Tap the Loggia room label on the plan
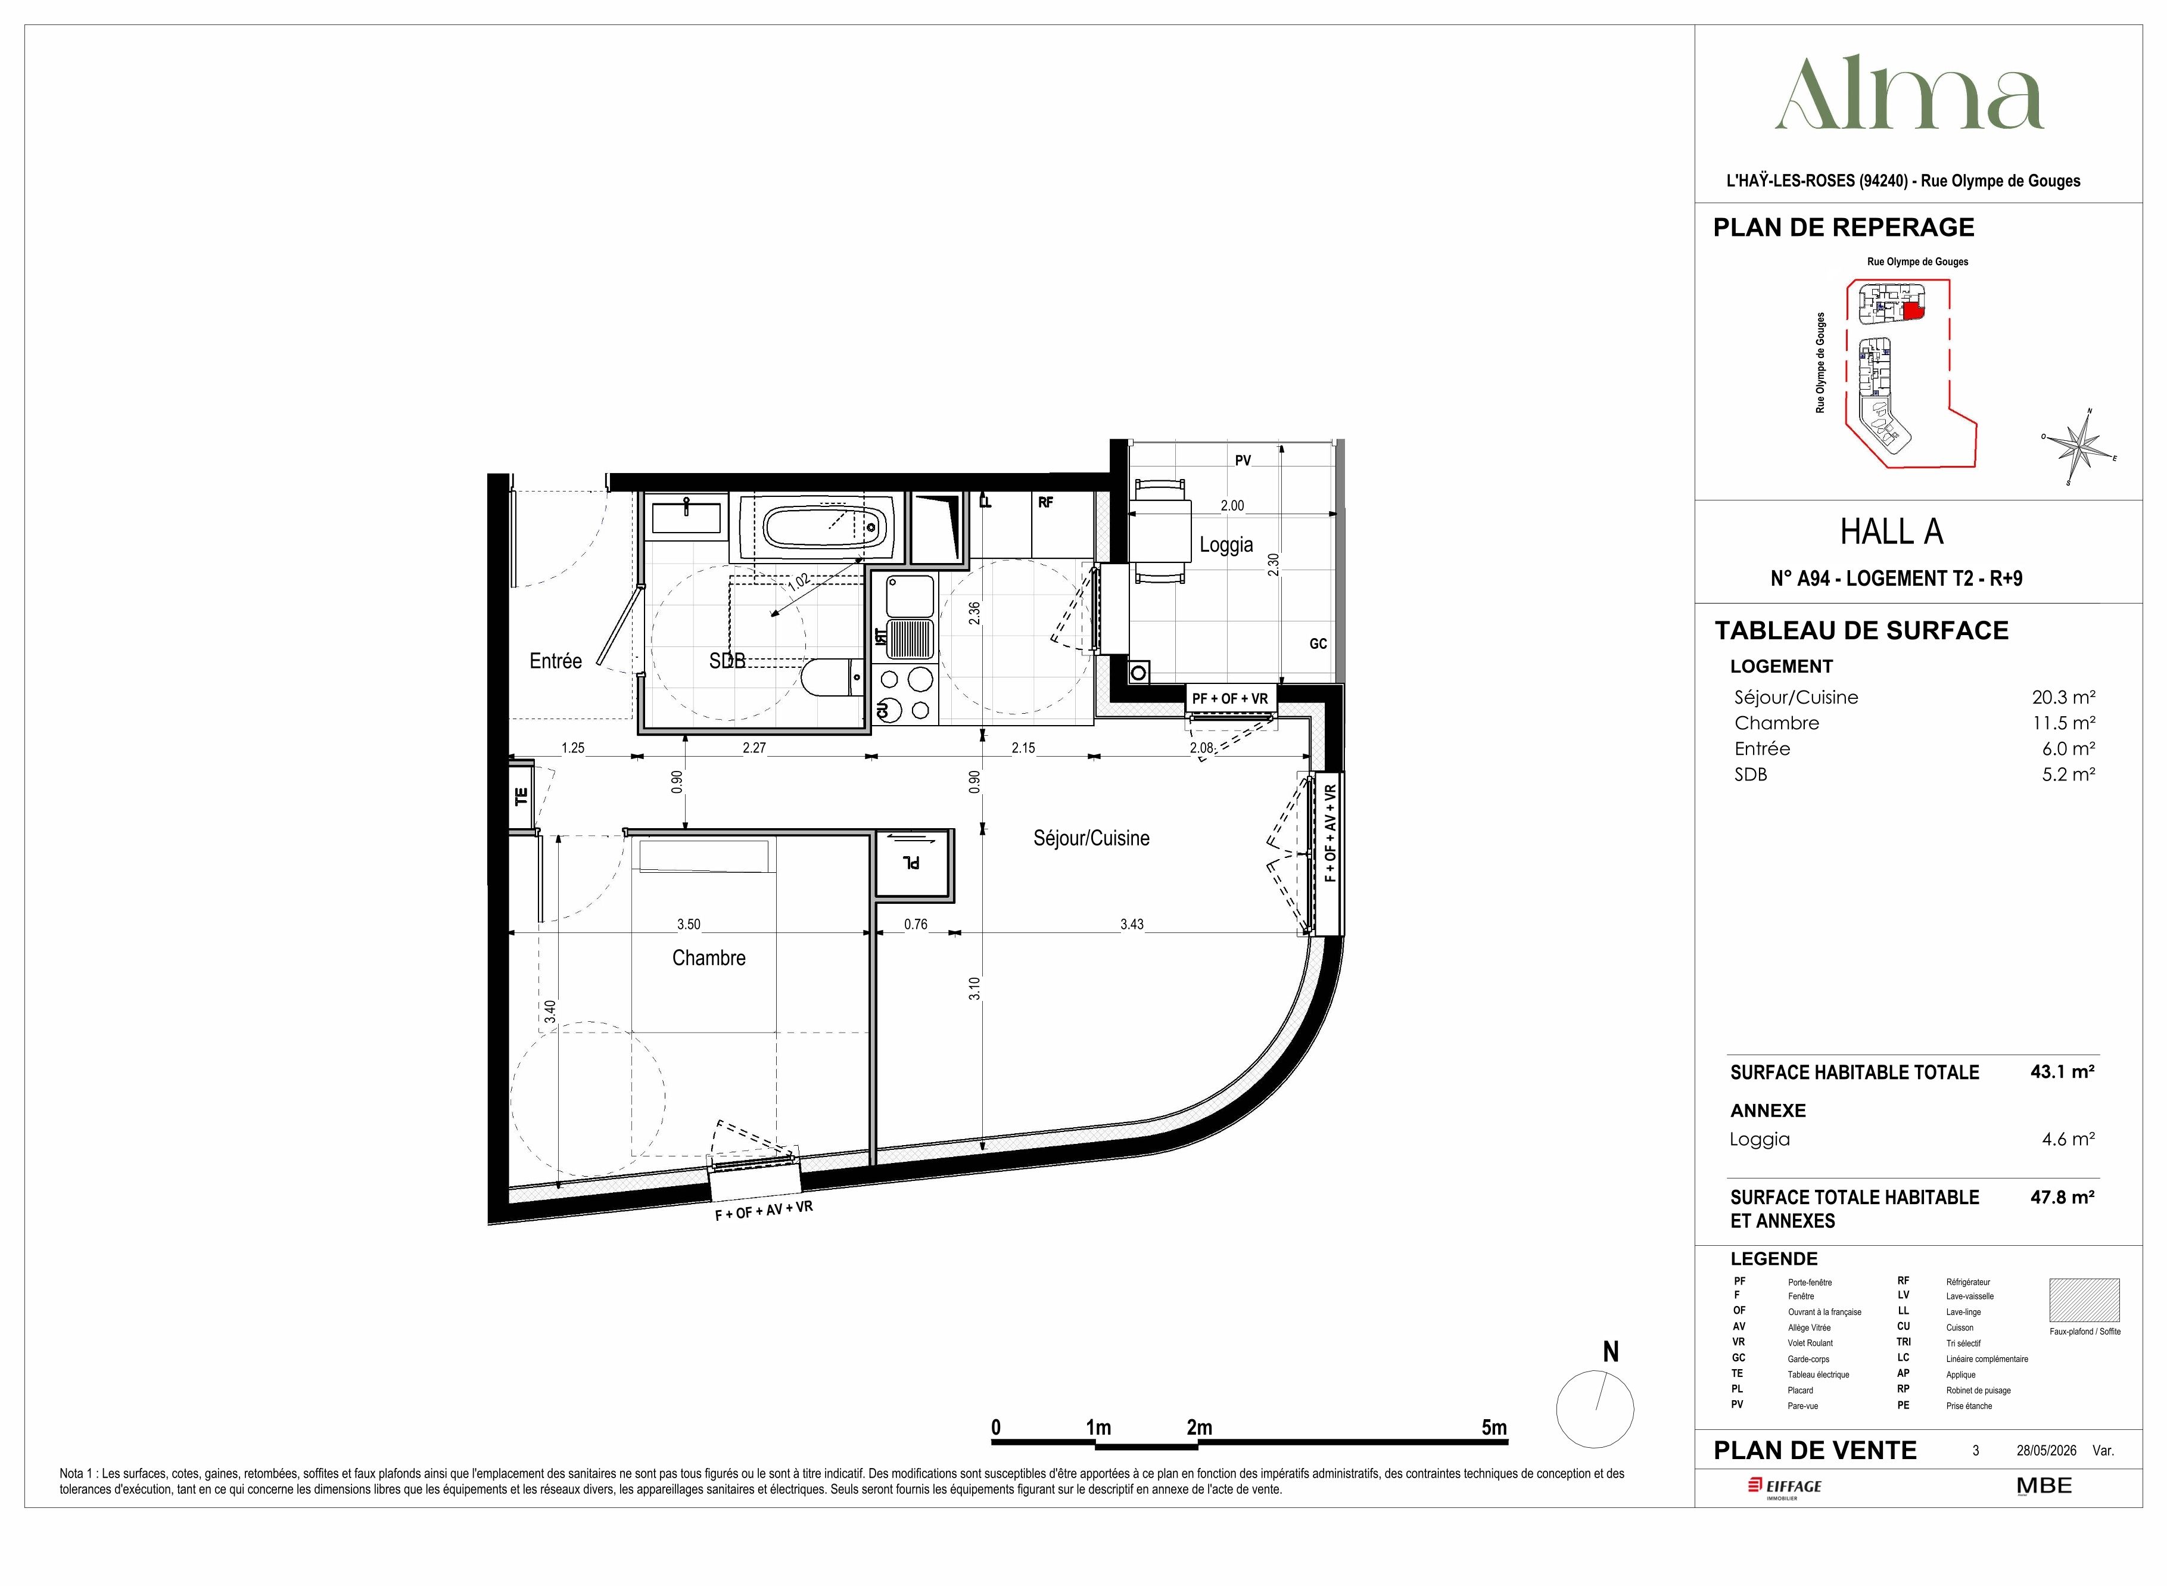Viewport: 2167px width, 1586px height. [x=1225, y=545]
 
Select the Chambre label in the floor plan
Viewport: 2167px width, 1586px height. [x=708, y=957]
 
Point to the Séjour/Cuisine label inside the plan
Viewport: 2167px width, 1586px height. [x=1091, y=838]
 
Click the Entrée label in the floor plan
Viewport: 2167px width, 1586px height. [x=556, y=661]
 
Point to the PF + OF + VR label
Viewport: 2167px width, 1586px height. [x=1229, y=699]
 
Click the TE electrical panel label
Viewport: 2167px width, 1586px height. [x=521, y=796]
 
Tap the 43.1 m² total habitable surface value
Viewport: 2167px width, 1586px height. [x=2062, y=1071]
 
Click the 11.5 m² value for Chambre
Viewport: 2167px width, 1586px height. [x=2063, y=723]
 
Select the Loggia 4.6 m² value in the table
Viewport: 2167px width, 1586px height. [x=2068, y=1139]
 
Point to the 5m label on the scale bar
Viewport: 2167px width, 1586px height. [x=1493, y=1428]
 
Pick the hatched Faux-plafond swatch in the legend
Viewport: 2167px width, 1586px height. [x=2084, y=1300]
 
